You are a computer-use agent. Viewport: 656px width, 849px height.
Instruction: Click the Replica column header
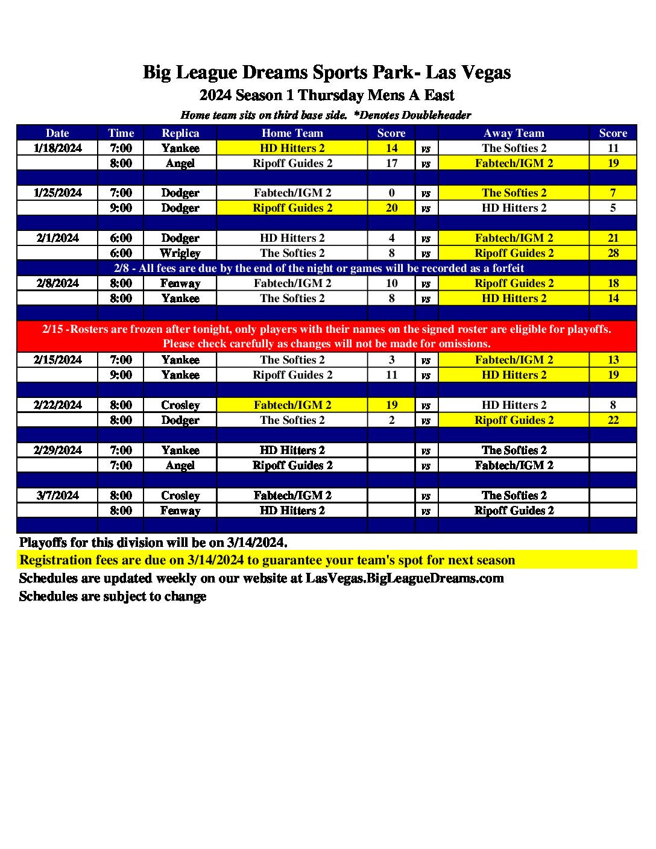pyautogui.click(x=180, y=133)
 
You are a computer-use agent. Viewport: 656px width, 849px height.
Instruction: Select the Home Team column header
pyautogui.click(x=292, y=133)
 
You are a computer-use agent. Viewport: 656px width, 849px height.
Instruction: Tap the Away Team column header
pyautogui.click(x=514, y=133)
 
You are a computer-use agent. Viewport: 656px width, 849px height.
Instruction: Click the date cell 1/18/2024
pyautogui.click(x=58, y=148)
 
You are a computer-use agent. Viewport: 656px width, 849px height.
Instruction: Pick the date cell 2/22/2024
pyautogui.click(x=58, y=405)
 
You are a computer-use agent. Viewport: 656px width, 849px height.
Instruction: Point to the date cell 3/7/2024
pyautogui.click(x=58, y=496)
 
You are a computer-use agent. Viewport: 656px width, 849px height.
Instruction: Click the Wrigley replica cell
pyautogui.click(x=180, y=253)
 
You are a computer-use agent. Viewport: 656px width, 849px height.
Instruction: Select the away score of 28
pyautogui.click(x=613, y=253)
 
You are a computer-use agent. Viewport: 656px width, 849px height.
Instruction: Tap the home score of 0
pyautogui.click(x=391, y=193)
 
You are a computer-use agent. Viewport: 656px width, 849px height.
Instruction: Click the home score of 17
pyautogui.click(x=391, y=163)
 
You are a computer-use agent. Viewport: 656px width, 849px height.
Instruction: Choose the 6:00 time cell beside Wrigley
pyautogui.click(x=121, y=253)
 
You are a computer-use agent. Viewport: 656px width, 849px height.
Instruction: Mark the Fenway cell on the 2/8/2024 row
pyautogui.click(x=180, y=283)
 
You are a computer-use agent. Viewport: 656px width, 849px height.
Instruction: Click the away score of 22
pyautogui.click(x=613, y=420)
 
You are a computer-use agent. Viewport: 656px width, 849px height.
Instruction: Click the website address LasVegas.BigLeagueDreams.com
pyautogui.click(x=405, y=578)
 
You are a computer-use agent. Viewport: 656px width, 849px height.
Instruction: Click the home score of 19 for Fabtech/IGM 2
pyautogui.click(x=391, y=405)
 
